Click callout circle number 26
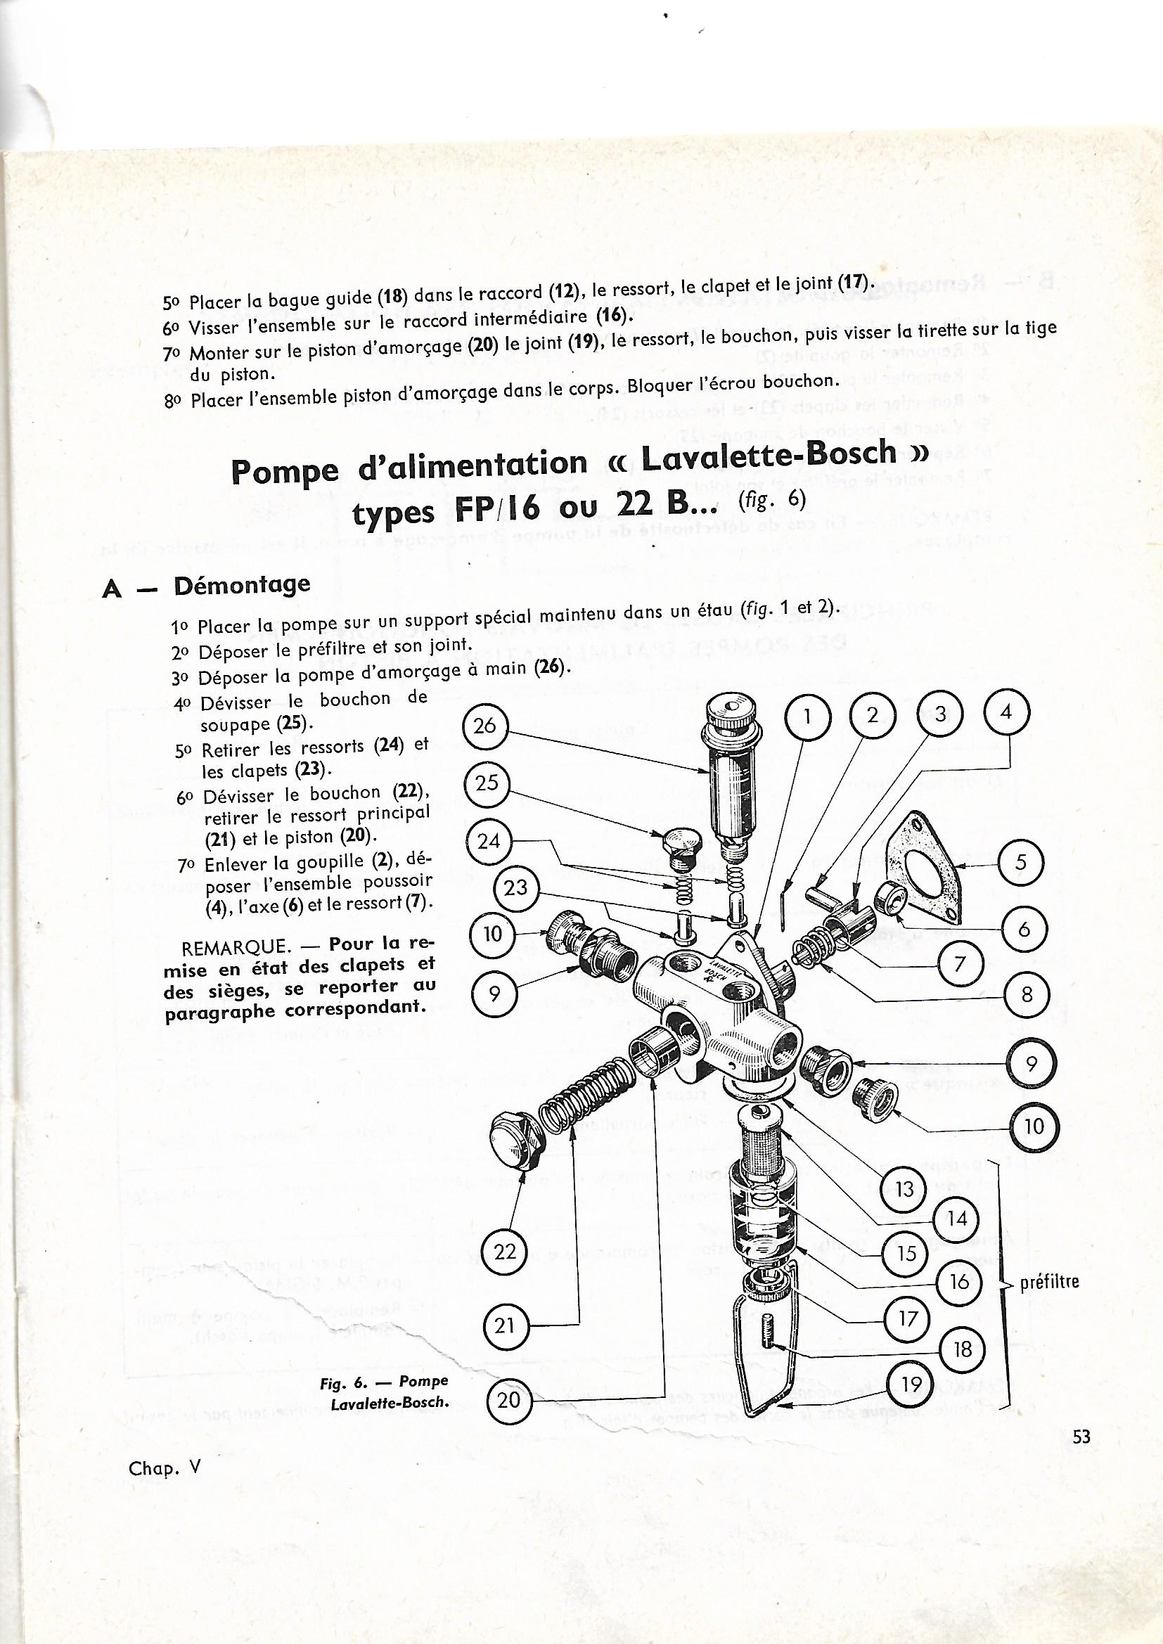tap(485, 726)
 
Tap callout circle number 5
tap(1021, 862)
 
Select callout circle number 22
tap(506, 1251)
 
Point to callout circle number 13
tap(904, 1189)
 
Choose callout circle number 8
tap(1026, 994)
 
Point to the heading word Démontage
tap(242, 584)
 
